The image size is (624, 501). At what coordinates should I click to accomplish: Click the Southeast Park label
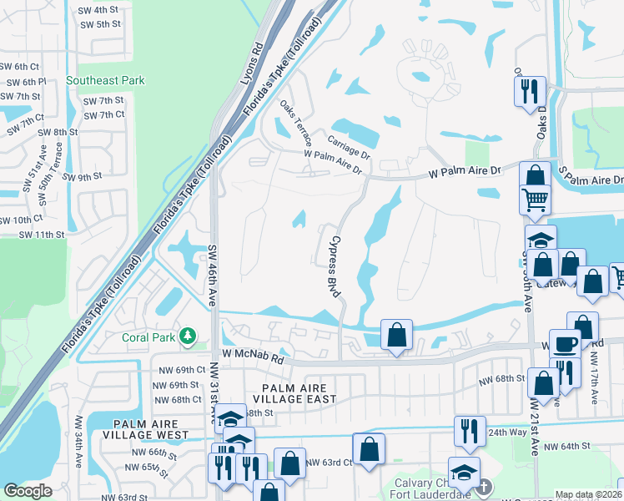point(106,80)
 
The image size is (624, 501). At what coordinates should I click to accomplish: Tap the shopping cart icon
point(535,199)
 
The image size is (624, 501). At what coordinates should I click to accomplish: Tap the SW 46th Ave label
point(211,276)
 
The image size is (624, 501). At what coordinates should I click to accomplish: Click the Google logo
point(28,491)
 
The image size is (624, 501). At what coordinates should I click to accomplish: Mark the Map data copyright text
point(588,494)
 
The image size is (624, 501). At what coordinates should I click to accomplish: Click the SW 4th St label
point(98,9)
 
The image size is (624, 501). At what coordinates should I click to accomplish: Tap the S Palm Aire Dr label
point(591,180)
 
